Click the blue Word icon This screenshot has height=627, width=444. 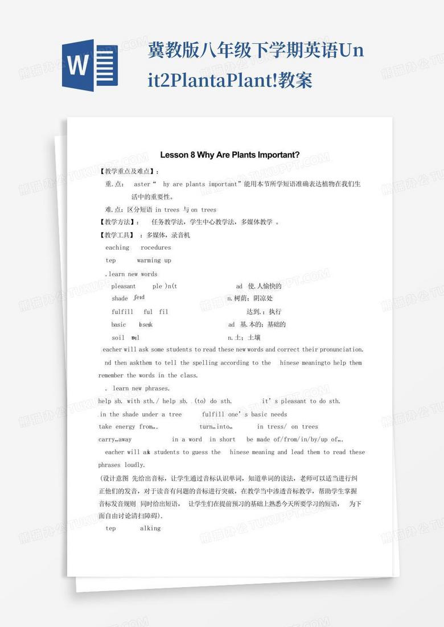[x=89, y=65]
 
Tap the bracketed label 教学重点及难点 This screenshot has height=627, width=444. [x=129, y=171]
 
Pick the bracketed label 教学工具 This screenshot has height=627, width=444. [x=118, y=235]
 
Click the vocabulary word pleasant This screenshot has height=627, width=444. [x=124, y=286]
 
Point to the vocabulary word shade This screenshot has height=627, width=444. [x=120, y=298]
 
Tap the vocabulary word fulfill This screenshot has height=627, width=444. [x=122, y=312]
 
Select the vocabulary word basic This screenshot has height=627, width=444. [x=119, y=324]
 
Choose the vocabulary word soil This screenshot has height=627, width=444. [x=118, y=337]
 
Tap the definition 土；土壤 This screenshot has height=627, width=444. [x=246, y=337]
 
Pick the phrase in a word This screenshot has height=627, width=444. [x=187, y=439]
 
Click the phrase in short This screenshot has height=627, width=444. [x=222, y=439]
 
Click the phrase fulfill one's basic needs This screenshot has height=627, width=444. [x=244, y=414]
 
